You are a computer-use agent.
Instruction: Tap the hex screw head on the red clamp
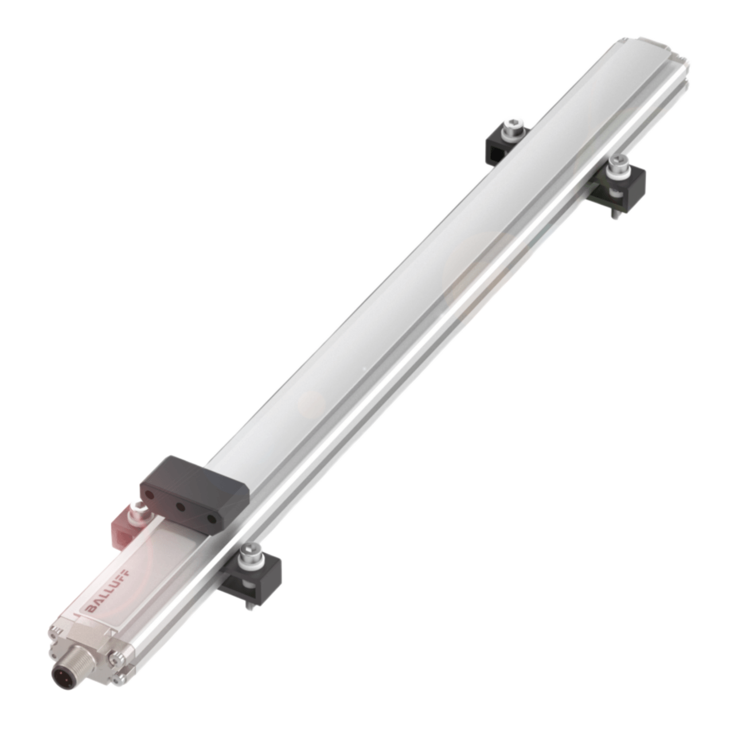[x=136, y=507]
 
